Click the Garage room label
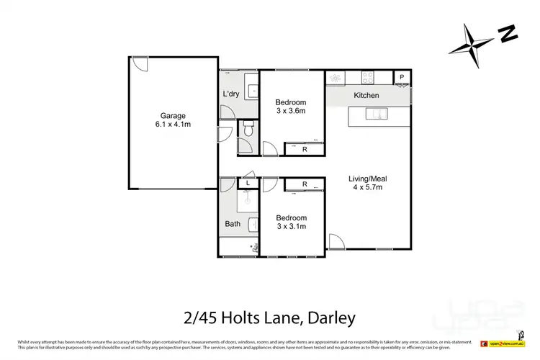173,115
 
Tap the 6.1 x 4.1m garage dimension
173,125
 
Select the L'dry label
231,94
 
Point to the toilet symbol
247,130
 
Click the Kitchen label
366,95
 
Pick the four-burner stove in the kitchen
366,77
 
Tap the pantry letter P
402,77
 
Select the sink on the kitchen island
376,113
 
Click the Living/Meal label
365,178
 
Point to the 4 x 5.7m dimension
365,187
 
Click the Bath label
233,224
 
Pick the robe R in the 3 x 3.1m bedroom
305,184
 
